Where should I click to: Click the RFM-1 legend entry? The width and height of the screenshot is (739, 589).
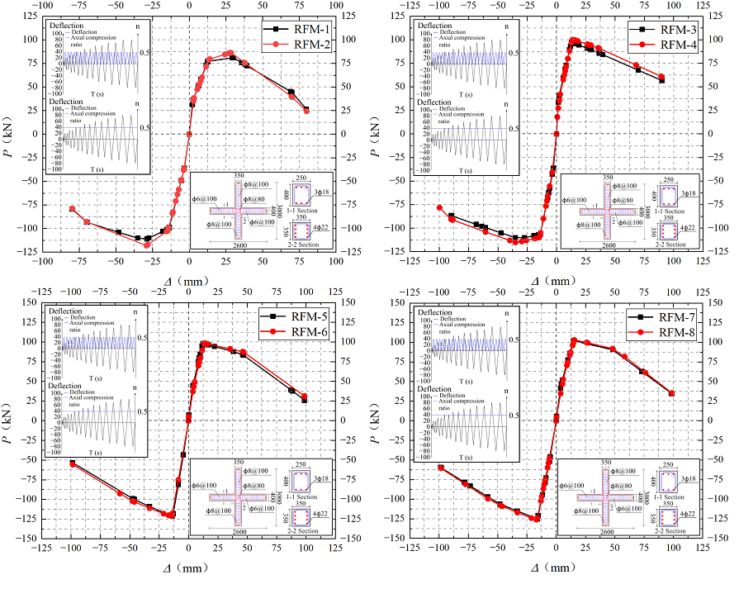(306, 30)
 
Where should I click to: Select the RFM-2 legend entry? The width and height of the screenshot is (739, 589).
(306, 45)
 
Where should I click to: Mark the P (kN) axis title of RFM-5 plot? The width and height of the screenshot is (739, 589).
(10, 420)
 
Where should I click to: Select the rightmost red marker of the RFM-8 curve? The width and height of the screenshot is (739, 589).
(671, 393)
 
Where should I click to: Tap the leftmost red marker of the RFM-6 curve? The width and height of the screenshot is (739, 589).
(73, 464)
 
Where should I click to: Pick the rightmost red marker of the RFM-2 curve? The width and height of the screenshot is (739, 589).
(306, 110)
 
